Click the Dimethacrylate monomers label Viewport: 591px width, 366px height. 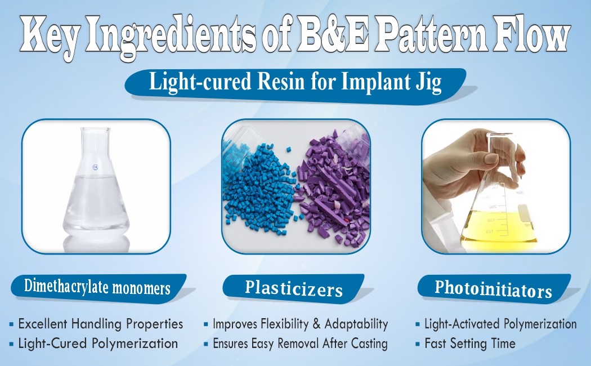tap(97, 288)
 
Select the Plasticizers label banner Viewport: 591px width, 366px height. tap(294, 289)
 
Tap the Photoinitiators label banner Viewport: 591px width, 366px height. tap(493, 289)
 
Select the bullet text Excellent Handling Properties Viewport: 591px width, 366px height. tap(101, 324)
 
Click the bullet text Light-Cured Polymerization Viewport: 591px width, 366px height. tap(98, 343)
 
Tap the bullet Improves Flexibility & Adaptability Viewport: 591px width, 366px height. tap(300, 324)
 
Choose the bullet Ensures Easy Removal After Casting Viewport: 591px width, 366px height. tap(300, 343)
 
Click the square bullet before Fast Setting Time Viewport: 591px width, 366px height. tap(418, 343)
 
